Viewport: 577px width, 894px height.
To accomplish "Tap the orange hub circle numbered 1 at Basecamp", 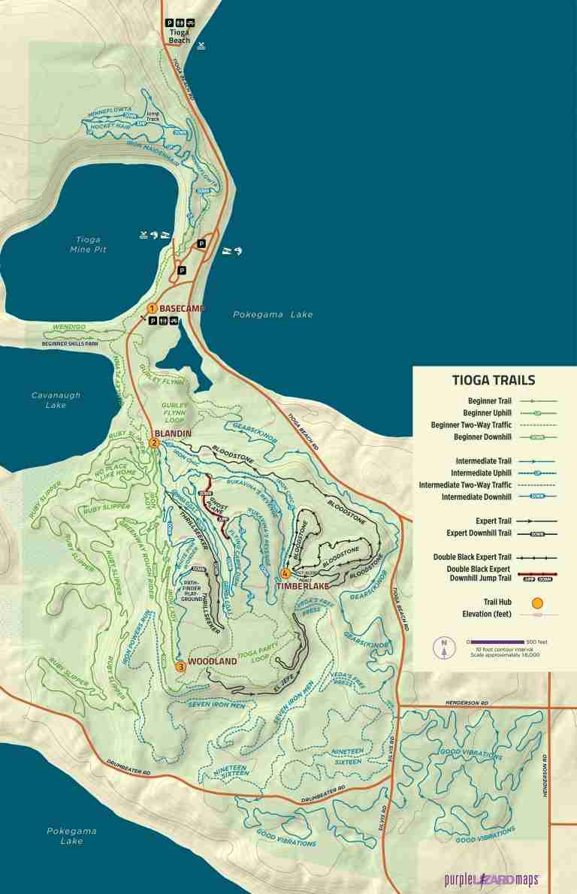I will point(152,308).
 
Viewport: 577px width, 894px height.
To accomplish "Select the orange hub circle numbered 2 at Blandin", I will point(154,442).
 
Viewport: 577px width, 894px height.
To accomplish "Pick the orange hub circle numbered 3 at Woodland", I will point(180,666).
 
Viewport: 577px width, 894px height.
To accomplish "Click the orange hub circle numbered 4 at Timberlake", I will point(285,574).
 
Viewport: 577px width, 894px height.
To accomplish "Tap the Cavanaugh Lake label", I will point(56,400).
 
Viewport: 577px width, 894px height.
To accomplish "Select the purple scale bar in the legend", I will point(498,642).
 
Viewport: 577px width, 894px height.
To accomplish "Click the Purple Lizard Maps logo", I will point(491,879).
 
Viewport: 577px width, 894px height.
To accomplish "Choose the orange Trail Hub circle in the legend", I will point(537,602).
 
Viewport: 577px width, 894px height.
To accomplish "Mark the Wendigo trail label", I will point(65,328).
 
